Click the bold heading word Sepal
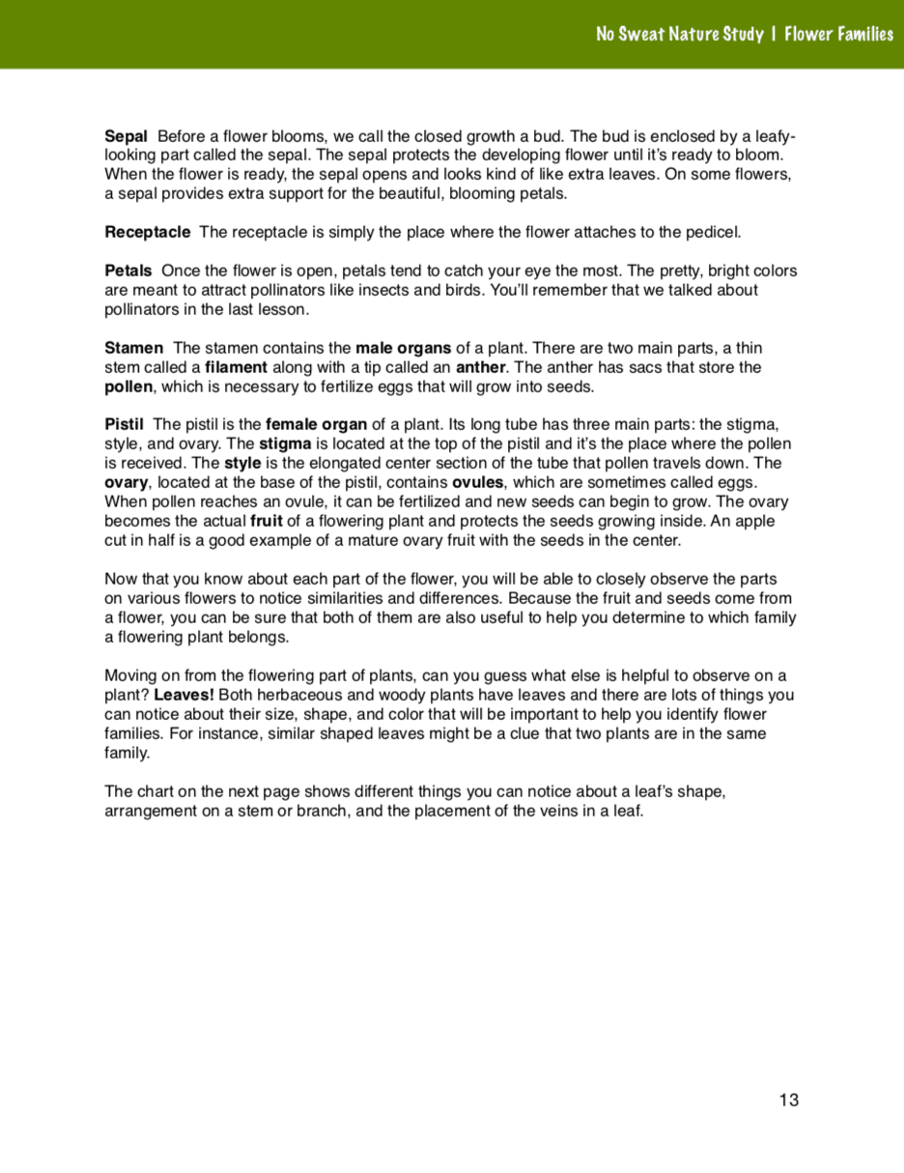pyautogui.click(x=126, y=136)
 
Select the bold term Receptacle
pyautogui.click(x=147, y=232)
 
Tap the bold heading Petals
pyautogui.click(x=127, y=271)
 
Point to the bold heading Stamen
pyautogui.click(x=133, y=348)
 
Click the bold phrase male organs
pyautogui.click(x=403, y=348)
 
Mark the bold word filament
pyautogui.click(x=237, y=367)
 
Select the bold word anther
pyautogui.click(x=481, y=367)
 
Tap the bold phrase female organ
pyautogui.click(x=316, y=424)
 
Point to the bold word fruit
pyautogui.click(x=267, y=521)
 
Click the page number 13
pyautogui.click(x=789, y=1100)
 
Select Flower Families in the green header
pyautogui.click(x=838, y=34)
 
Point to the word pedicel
pyautogui.click(x=714, y=232)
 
